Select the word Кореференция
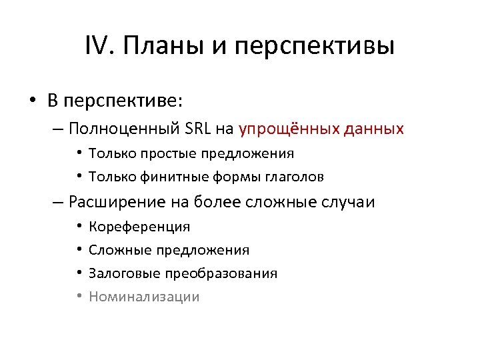point(139,227)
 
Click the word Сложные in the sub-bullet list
point(119,250)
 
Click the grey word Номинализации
point(144,297)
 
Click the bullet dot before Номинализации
point(78,297)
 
